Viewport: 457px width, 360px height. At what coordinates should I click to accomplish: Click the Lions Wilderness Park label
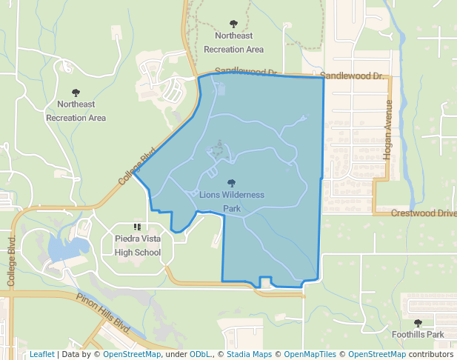pyautogui.click(x=232, y=201)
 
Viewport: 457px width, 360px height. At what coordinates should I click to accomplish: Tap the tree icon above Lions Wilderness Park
pyautogui.click(x=232, y=183)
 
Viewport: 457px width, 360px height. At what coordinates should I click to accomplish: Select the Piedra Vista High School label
pyautogui.click(x=138, y=245)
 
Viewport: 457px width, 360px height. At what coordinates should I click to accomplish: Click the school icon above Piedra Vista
pyautogui.click(x=137, y=227)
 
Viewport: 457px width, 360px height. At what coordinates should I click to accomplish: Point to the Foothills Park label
pyautogui.click(x=418, y=334)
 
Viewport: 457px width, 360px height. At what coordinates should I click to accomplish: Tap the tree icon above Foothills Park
pyautogui.click(x=418, y=323)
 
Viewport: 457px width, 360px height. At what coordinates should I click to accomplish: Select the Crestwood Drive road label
pyautogui.click(x=424, y=213)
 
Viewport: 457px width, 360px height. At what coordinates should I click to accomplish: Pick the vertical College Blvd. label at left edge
pyautogui.click(x=11, y=261)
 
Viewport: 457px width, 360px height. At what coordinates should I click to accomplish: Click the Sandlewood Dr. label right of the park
pyautogui.click(x=353, y=76)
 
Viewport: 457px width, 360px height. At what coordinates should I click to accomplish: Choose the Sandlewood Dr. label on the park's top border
pyautogui.click(x=245, y=73)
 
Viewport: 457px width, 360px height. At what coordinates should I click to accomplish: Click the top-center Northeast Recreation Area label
pyautogui.click(x=233, y=42)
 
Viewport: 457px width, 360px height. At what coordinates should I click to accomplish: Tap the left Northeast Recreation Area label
pyautogui.click(x=76, y=111)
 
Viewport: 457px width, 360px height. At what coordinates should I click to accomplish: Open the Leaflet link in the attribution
pyautogui.click(x=41, y=354)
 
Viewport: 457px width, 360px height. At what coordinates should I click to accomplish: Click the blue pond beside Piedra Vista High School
pyautogui.click(x=65, y=249)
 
